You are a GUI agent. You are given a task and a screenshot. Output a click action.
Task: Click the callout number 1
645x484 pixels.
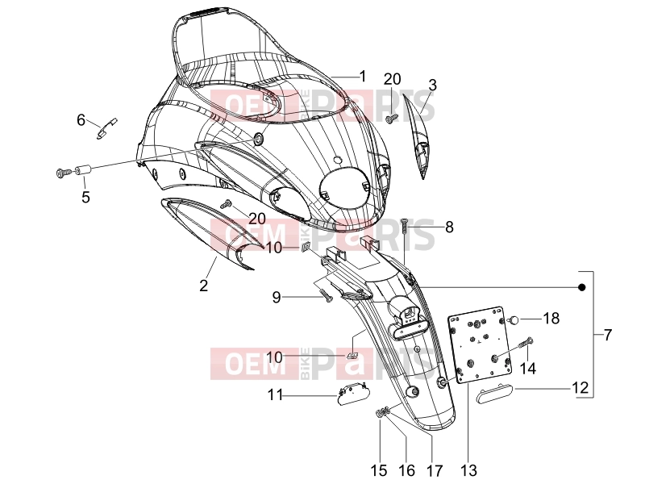pos(362,76)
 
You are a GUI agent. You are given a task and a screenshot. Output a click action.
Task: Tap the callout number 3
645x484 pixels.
pos(432,86)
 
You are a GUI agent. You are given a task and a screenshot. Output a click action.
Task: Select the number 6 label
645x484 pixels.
pos(81,120)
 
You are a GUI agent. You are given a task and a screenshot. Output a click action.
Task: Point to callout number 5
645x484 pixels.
pos(85,197)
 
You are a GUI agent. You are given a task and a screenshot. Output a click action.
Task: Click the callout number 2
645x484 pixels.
pos(204,286)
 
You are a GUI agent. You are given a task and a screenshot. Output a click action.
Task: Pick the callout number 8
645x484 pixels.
pos(449,227)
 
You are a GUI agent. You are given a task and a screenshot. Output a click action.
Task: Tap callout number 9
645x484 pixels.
pos(277,297)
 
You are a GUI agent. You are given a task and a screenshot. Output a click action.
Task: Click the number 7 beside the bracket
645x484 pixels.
pos(608,335)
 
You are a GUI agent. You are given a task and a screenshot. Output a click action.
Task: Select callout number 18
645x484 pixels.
pos(551,318)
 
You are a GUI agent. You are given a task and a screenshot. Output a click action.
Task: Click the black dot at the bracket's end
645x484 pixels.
pos(581,287)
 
